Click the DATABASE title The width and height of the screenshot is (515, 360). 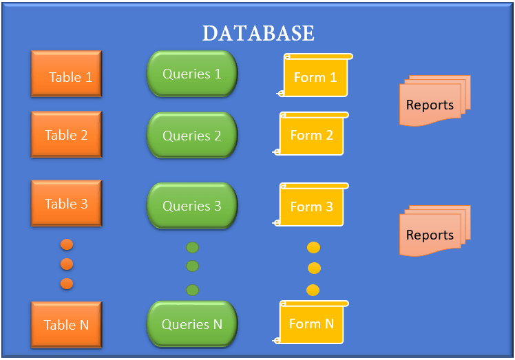258,33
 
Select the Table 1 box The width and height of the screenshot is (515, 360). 67,74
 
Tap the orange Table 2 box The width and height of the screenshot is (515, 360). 67,135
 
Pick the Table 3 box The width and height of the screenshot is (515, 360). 67,203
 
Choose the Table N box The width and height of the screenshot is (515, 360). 67,324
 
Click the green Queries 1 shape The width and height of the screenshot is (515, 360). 192,74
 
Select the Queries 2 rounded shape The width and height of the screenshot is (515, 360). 192,136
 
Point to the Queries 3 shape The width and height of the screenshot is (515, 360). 192,206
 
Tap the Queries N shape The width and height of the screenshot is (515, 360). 192,324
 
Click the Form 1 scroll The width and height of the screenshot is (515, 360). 315,76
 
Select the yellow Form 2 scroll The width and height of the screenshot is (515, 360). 312,134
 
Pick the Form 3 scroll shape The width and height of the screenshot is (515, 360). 312,206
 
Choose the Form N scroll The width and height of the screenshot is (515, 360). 312,323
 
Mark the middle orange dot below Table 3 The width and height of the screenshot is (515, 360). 67,264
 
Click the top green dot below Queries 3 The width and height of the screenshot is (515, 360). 192,248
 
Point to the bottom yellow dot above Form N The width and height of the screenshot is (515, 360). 313,290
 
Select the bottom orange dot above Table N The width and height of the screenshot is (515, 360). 67,284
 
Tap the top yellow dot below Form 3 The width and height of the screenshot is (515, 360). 313,248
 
